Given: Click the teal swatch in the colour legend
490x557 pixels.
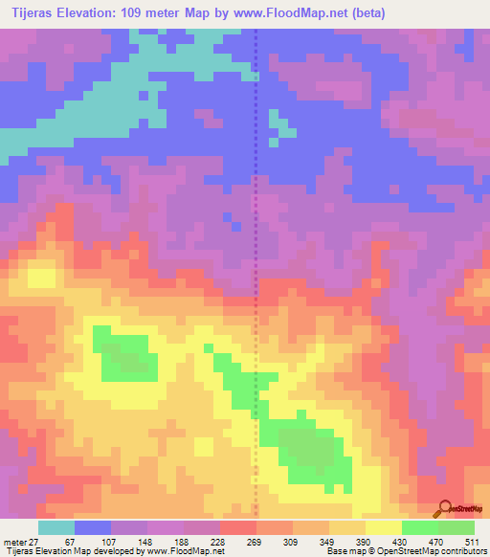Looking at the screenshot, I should coord(56,528).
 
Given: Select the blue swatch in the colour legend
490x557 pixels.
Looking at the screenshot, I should coord(93,528).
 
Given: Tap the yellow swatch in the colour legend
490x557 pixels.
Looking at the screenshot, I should coord(384,528).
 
